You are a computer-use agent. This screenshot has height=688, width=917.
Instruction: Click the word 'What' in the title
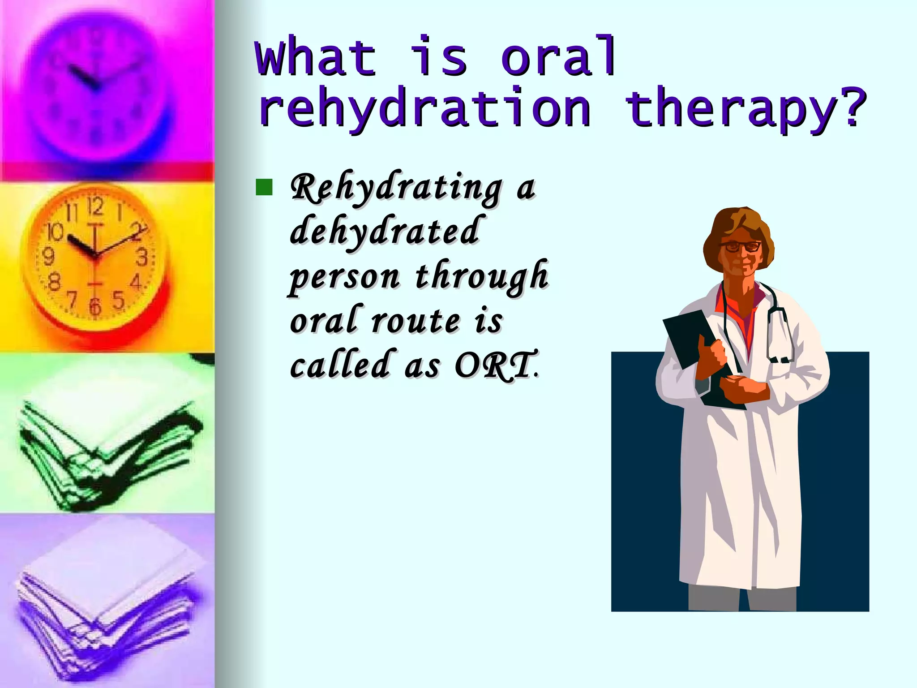[x=316, y=58]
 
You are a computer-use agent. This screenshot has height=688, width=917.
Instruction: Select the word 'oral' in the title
[x=559, y=57]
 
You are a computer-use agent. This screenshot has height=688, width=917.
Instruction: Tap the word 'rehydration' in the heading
[x=424, y=110]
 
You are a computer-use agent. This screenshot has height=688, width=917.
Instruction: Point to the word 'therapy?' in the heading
[x=746, y=110]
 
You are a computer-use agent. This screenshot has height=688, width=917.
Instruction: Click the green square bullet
[x=264, y=188]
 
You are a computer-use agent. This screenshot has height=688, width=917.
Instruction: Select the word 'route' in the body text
[x=416, y=321]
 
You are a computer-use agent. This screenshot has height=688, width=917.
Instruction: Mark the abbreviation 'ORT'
[x=495, y=365]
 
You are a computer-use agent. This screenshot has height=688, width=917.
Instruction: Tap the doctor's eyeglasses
[x=741, y=246]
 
